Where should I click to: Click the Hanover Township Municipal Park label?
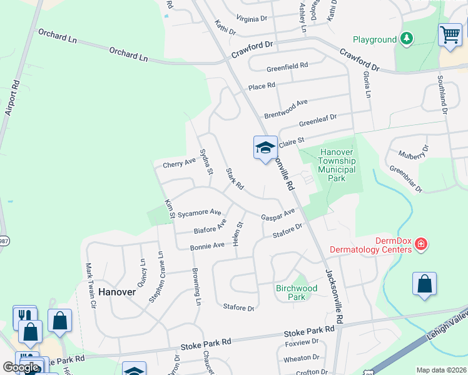pos(337,165)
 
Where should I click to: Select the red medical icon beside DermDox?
pos(422,243)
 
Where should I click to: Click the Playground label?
pos(374,39)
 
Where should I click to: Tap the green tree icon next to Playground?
pos(407,39)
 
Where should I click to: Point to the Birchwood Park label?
pos(297,292)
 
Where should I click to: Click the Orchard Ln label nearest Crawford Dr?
pos(128,54)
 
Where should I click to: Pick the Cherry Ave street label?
pos(179,163)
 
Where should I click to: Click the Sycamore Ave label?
pos(200,213)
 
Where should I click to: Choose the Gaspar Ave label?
pos(278,214)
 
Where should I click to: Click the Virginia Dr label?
pos(255,19)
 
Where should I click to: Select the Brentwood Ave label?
pos(286,109)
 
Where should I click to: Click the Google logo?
pos(21,367)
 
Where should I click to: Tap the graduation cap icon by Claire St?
pos(265,148)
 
